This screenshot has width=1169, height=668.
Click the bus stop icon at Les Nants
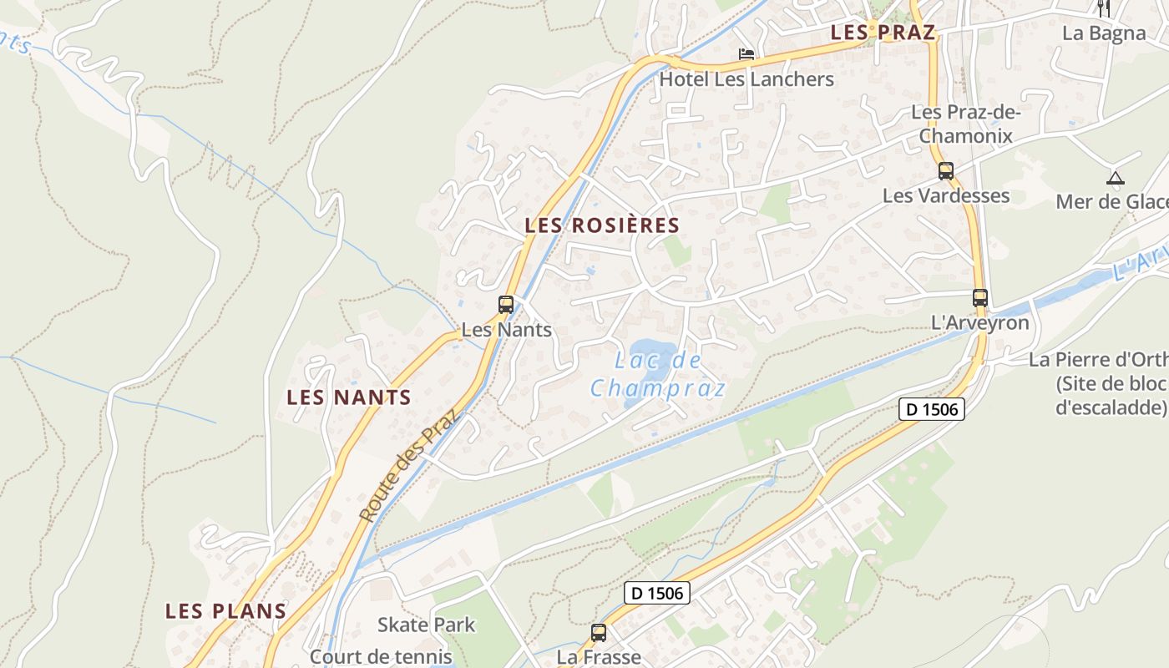pyautogui.click(x=506, y=305)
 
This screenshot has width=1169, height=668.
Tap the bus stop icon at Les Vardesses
pyautogui.click(x=945, y=171)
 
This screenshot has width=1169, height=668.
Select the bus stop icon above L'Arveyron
pyautogui.click(x=979, y=298)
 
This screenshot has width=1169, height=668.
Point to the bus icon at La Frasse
pyautogui.click(x=599, y=633)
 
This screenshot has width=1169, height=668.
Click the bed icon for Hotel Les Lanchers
pyautogui.click(x=746, y=55)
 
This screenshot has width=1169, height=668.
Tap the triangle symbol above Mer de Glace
pyautogui.click(x=1115, y=178)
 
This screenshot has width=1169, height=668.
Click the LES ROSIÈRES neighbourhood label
pyautogui.click(x=602, y=225)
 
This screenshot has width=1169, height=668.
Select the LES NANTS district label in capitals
pyautogui.click(x=349, y=397)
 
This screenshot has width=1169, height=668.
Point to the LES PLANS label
pyautogui.click(x=225, y=611)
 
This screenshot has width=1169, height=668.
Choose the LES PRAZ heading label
pyautogui.click(x=883, y=33)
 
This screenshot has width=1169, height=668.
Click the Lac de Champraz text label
pyautogui.click(x=658, y=375)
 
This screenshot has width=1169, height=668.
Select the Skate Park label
pyautogui.click(x=426, y=625)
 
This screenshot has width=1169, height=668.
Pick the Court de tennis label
pyautogui.click(x=381, y=656)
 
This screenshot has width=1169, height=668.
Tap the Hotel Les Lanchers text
pyautogui.click(x=746, y=79)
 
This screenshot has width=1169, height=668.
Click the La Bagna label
pyautogui.click(x=1104, y=33)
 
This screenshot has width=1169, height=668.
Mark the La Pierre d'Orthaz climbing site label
pyautogui.click(x=1099, y=383)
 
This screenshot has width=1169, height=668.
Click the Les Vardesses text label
pyautogui.click(x=946, y=195)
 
